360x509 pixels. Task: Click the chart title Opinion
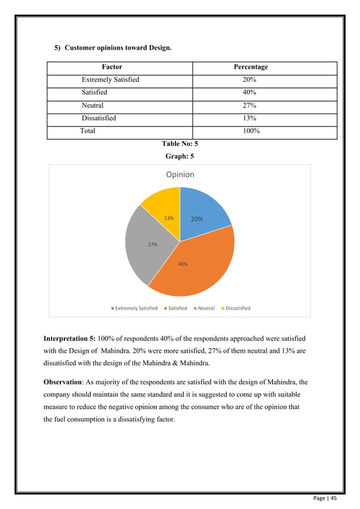(x=180, y=175)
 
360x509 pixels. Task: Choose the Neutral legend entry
(x=204, y=308)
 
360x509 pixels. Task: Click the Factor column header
(x=112, y=67)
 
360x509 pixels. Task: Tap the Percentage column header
(x=251, y=67)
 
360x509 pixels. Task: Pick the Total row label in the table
(x=87, y=131)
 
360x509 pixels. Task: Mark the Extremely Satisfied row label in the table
(x=110, y=80)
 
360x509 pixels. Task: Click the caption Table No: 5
(x=180, y=144)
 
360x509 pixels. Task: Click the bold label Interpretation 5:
(x=69, y=339)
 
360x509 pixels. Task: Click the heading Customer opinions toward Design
(x=118, y=47)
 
